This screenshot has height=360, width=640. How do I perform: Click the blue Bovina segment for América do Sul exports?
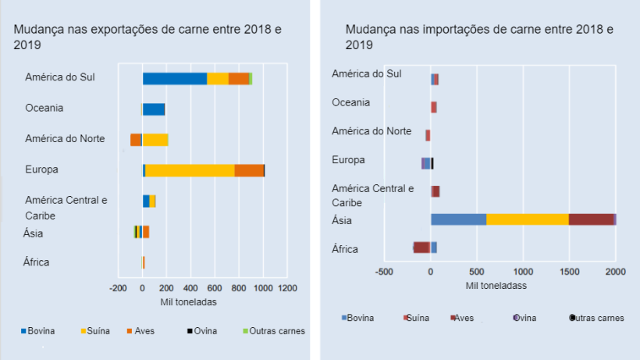(x=174, y=78)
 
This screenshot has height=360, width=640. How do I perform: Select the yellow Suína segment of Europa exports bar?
(x=190, y=170)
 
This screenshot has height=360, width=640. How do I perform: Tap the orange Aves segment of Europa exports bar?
(x=249, y=170)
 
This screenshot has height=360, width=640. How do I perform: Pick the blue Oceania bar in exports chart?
(x=153, y=109)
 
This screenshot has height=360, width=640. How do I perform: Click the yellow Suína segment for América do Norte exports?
(x=155, y=140)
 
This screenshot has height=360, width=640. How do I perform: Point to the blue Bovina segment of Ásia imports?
(x=458, y=219)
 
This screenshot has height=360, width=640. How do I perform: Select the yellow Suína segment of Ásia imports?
(x=527, y=219)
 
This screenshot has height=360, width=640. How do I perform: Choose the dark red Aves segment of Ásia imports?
(x=591, y=219)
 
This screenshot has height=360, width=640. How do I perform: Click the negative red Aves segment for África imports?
(x=421, y=248)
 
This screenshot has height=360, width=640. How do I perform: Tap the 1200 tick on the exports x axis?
(x=288, y=288)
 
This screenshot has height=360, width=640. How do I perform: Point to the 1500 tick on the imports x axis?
(x=569, y=272)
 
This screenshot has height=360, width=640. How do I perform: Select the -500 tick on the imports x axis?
(x=384, y=272)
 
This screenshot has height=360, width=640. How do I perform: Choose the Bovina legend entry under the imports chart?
(x=360, y=318)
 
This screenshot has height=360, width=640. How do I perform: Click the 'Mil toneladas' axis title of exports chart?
(x=188, y=302)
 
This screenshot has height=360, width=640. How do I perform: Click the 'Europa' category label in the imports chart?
(x=348, y=160)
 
